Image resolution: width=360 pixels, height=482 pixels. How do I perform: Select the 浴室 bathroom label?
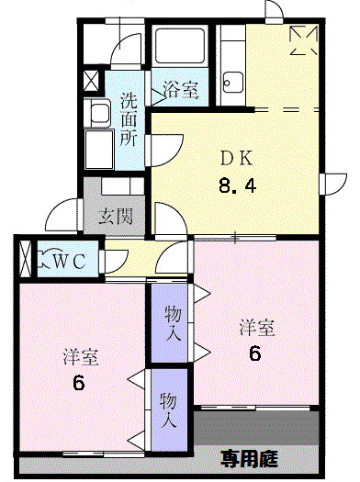pos(180,89)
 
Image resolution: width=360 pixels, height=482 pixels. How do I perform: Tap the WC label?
pos(68,262)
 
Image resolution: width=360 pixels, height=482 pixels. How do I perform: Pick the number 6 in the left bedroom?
pos(79,382)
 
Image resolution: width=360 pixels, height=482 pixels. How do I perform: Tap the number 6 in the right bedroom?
pos(256,352)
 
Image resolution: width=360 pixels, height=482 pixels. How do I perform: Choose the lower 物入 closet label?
pos(169,411)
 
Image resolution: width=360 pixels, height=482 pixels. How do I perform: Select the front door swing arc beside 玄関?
pos(64,213)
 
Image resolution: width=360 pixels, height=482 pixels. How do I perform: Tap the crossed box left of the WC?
pos(25,259)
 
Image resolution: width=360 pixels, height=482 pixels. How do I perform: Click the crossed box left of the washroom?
pos(93,80)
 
